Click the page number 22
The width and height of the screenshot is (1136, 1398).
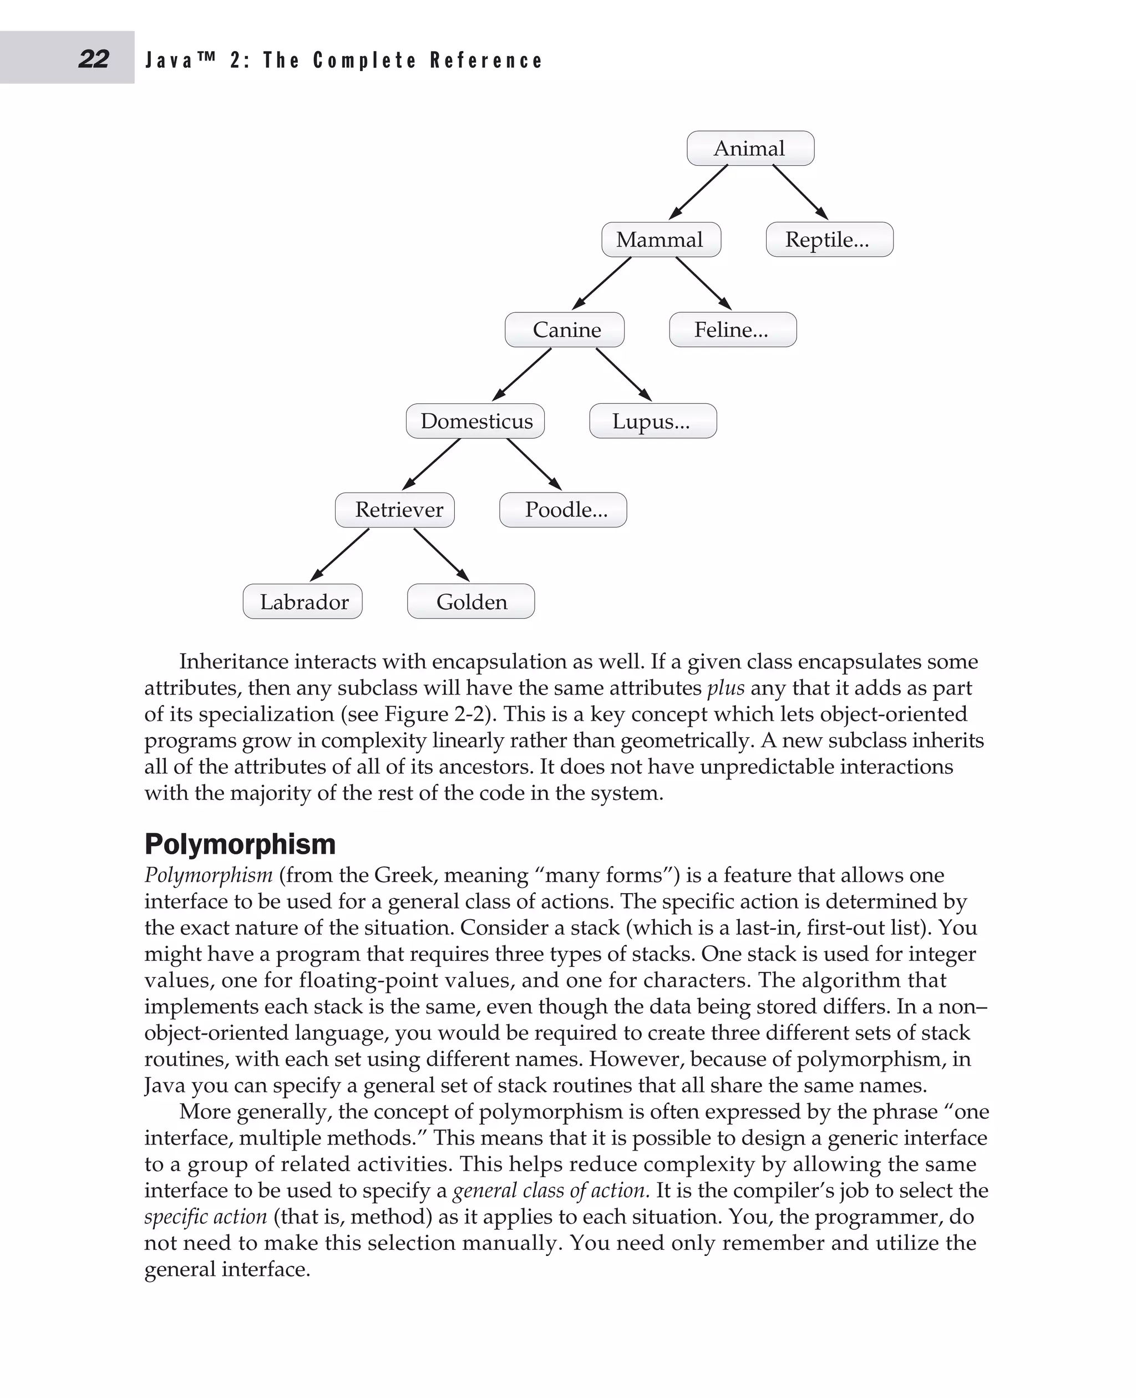94,59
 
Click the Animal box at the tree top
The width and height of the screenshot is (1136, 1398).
750,149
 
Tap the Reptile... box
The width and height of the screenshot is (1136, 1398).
829,240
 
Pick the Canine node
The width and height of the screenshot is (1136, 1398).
565,330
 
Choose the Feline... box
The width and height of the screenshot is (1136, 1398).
732,330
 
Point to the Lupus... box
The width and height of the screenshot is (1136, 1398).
652,421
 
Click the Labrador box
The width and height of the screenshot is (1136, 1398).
303,601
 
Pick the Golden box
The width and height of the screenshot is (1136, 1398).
470,601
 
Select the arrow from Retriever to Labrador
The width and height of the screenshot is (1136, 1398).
339,554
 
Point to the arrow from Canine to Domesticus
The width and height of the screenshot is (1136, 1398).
521,374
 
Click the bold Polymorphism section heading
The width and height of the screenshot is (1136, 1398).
240,844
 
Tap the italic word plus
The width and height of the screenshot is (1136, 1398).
726,688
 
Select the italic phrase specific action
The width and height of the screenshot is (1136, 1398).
205,1217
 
